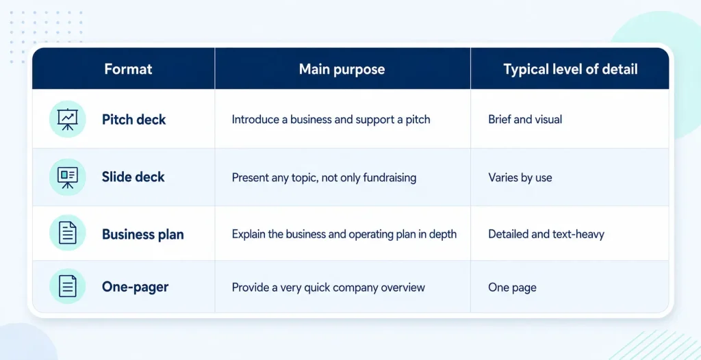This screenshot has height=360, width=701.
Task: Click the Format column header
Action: pyautogui.click(x=128, y=69)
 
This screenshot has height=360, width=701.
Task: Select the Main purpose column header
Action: pyautogui.click(x=342, y=69)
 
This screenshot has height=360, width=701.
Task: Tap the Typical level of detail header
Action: pyautogui.click(x=570, y=69)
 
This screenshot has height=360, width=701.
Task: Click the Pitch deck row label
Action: pyautogui.click(x=134, y=120)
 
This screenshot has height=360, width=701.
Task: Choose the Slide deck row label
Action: pyautogui.click(x=133, y=177)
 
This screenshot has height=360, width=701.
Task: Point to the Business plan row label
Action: pyautogui.click(x=142, y=234)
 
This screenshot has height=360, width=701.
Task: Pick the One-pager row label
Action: pyautogui.click(x=135, y=287)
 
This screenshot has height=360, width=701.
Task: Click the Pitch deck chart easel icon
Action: pyautogui.click(x=68, y=119)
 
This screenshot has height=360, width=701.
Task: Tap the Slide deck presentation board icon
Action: pyautogui.click(x=68, y=177)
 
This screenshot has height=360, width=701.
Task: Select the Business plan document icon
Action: pyautogui.click(x=68, y=233)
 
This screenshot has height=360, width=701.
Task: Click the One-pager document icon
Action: pyautogui.click(x=68, y=287)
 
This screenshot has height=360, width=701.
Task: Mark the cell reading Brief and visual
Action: pyautogui.click(x=525, y=120)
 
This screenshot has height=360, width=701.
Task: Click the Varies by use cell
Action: pyautogui.click(x=520, y=177)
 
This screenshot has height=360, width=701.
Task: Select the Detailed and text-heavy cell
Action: pyautogui.click(x=546, y=234)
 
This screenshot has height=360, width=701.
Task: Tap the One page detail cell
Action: pyautogui.click(x=512, y=287)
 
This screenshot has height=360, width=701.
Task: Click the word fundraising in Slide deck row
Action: pyautogui.click(x=390, y=177)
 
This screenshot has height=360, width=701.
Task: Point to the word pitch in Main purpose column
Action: pyautogui.click(x=418, y=120)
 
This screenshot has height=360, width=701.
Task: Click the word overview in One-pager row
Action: pyautogui.click(x=403, y=287)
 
